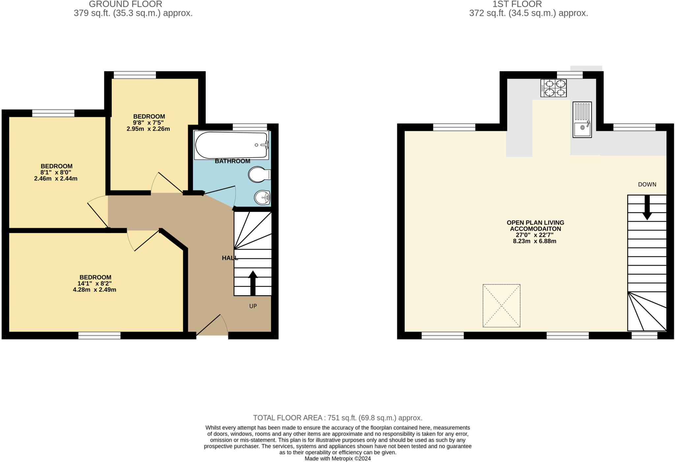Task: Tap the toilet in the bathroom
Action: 259,174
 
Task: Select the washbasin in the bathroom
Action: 262,198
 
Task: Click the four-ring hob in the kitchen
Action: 553,88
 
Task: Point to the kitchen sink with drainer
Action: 582,119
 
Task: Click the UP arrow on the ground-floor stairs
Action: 253,283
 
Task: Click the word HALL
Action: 230,258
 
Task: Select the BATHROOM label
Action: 232,161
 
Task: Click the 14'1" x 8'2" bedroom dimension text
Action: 95,283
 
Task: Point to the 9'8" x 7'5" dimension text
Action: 148,123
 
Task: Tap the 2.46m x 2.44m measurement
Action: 56,179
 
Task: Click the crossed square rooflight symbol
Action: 501,306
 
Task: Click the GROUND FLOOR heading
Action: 126,4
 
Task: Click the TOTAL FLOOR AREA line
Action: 337,418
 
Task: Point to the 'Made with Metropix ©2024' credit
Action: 337,459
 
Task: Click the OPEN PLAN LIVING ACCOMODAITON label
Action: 535,226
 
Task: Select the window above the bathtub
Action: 250,127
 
